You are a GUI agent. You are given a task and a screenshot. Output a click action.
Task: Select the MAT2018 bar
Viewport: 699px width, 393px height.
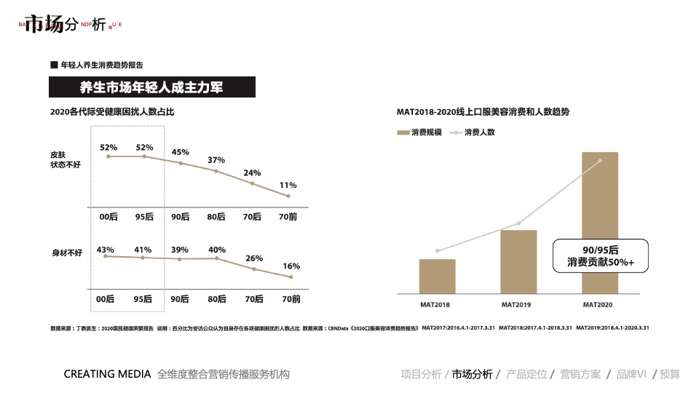tap(437, 277)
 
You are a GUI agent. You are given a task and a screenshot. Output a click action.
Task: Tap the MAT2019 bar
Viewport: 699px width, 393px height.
tap(518, 262)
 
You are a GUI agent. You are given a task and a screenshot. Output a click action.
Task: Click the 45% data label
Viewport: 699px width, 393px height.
tap(180, 152)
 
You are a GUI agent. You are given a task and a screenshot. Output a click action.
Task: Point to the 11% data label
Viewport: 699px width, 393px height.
tap(288, 185)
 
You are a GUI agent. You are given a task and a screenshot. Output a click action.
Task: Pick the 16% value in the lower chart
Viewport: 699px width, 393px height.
tap(291, 266)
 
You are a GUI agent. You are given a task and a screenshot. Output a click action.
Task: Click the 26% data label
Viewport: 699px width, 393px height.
tap(253, 258)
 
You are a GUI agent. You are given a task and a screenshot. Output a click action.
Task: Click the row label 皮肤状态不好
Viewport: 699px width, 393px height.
tap(65, 160)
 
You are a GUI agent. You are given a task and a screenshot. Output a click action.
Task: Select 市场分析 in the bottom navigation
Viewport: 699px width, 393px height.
tap(472, 375)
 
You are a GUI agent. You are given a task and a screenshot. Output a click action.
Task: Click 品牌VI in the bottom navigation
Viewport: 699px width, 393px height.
tap(631, 375)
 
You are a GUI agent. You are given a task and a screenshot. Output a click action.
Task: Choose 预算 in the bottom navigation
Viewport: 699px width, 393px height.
tap(670, 375)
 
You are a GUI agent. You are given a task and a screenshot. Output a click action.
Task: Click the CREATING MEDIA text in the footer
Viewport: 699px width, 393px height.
tap(107, 375)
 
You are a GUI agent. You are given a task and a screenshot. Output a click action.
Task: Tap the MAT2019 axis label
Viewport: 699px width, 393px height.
tap(518, 304)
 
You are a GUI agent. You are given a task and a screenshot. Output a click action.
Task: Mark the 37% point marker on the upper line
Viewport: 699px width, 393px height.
tap(216, 171)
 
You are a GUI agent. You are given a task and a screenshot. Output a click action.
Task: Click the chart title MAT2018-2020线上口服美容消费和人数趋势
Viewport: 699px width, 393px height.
tap(483, 112)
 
